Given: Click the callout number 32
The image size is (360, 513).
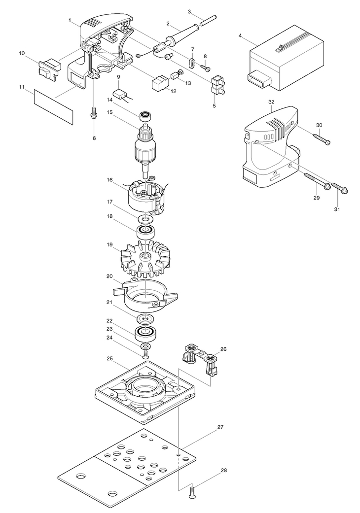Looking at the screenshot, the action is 271,102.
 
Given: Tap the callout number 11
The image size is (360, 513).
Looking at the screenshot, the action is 22,87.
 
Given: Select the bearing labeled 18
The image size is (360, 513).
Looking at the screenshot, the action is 145,233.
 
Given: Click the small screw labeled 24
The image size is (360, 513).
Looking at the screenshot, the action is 145,354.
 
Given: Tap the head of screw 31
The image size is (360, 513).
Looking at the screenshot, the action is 345,190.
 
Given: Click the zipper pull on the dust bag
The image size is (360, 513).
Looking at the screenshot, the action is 279,49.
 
